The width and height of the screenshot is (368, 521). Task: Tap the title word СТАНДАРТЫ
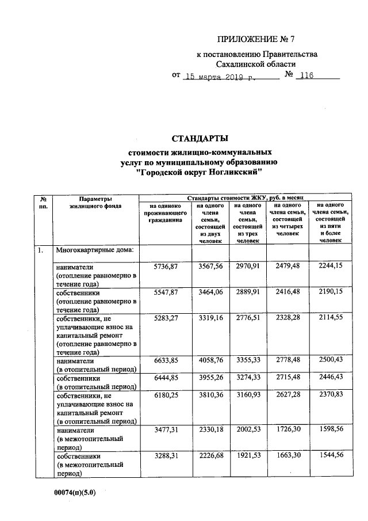tap(200, 138)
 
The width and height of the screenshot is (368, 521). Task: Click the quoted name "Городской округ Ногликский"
tap(199, 172)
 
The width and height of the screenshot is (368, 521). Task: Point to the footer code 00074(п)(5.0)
tap(71, 493)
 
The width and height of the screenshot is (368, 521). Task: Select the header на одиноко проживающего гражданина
tap(164, 212)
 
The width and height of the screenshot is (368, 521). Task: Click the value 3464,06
tap(209, 292)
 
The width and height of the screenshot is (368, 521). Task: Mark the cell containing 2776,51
tap(248, 318)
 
